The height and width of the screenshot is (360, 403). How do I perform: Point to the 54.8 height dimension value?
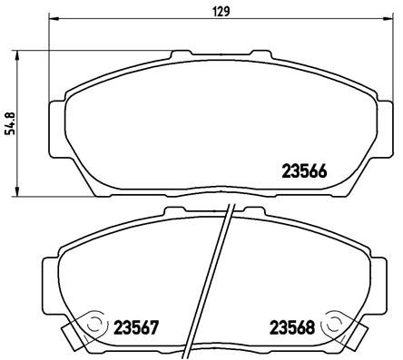pos(10,121)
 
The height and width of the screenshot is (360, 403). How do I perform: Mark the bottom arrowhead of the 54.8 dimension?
pos(20,192)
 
